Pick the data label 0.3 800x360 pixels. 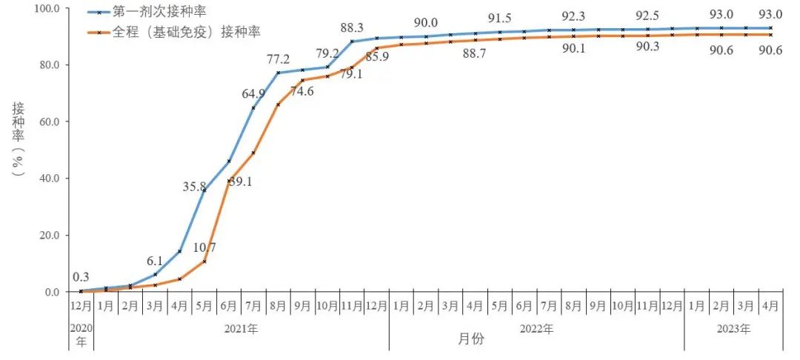tap(81, 277)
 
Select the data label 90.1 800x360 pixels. tap(573, 49)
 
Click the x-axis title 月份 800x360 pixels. tap(470, 339)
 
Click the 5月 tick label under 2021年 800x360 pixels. tap(204, 305)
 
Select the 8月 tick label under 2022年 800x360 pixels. tap(573, 305)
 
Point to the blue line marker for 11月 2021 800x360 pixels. tap(351, 41)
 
